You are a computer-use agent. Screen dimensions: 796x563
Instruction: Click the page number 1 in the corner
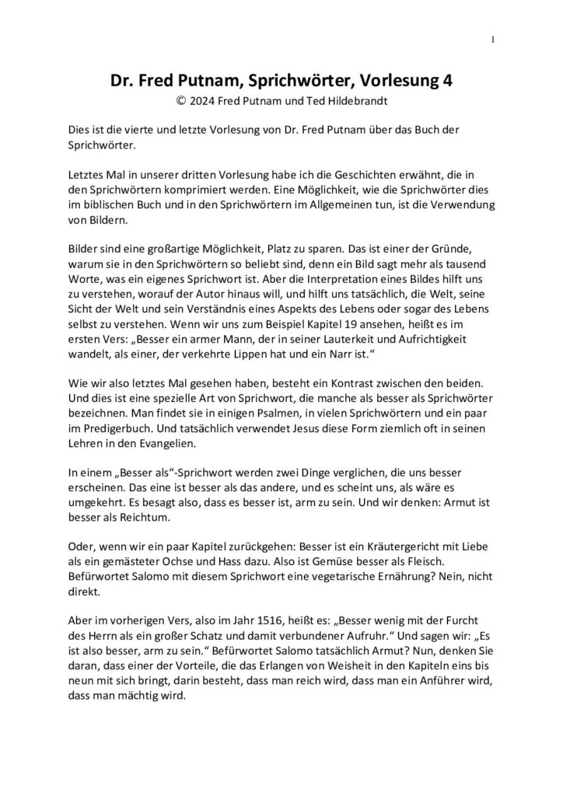click(x=495, y=40)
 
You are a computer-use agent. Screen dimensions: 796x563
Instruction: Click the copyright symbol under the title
click(x=182, y=99)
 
